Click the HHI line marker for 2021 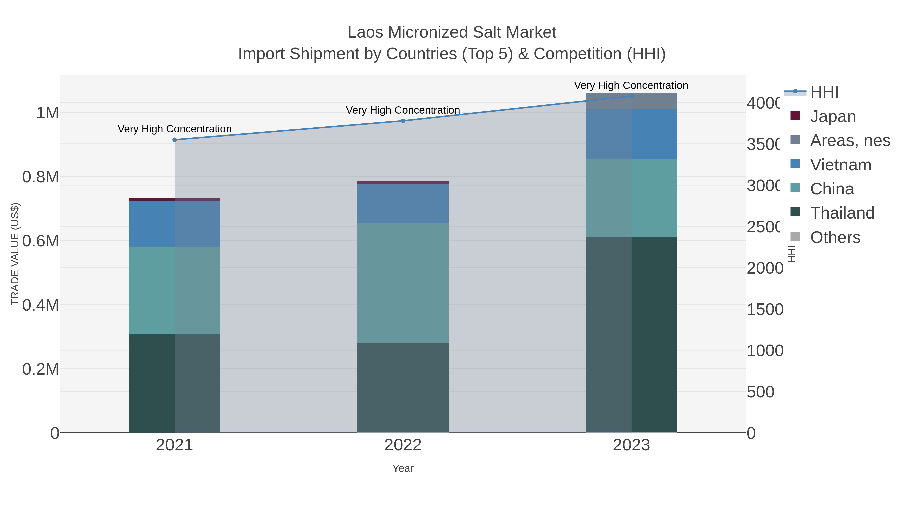[175, 140]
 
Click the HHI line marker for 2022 [403, 121]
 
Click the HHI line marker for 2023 [631, 96]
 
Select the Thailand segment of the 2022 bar [403, 387]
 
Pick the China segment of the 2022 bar [403, 282]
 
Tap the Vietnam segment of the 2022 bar [403, 203]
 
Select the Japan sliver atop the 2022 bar [403, 182]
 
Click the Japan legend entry [832, 116]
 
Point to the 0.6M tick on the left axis [40, 241]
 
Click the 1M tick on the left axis [47, 113]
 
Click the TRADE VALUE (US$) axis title [15, 254]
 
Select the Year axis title [403, 468]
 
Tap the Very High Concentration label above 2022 [403, 110]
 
